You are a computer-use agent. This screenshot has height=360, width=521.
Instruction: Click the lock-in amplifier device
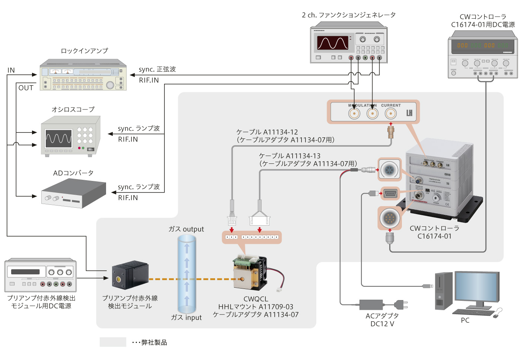[x=83, y=75]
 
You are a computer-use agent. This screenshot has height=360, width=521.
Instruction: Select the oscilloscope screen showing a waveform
[x=58, y=139]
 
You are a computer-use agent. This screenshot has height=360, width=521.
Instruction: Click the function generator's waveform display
[x=332, y=43]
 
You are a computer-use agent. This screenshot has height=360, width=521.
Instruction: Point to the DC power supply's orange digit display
[x=482, y=45]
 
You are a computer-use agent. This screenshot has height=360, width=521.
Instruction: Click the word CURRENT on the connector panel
[x=391, y=105]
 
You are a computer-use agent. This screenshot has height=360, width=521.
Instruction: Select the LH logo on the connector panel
[x=409, y=113]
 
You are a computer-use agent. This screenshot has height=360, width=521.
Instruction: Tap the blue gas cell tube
[x=187, y=275]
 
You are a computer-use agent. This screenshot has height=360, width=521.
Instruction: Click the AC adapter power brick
[x=371, y=305]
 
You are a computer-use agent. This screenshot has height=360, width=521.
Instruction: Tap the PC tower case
[x=444, y=291]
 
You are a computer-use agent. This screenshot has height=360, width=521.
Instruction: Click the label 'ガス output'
[x=186, y=229]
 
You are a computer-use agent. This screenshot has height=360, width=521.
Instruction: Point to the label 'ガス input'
[x=186, y=318]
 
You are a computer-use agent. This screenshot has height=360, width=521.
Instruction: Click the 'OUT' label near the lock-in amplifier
[x=26, y=88]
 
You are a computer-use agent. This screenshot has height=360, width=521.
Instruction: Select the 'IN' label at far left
[x=11, y=70]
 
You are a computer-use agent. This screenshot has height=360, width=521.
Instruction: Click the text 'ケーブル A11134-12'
[x=267, y=132]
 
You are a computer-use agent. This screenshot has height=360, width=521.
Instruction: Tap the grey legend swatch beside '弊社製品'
[x=113, y=342]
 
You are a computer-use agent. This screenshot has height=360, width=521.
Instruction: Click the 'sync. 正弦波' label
[x=157, y=69]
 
